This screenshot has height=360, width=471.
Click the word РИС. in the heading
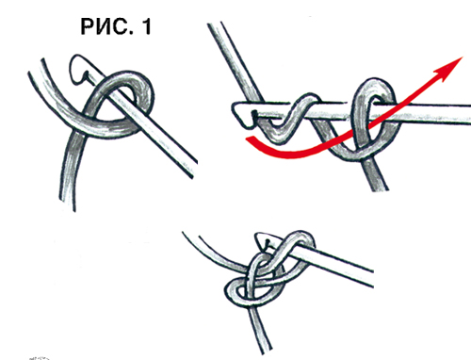(106, 26)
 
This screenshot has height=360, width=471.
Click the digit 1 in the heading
(147, 26)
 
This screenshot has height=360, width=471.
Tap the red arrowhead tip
(463, 57)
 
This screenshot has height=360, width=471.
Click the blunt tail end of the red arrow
(248, 139)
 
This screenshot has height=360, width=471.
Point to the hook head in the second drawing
(243, 114)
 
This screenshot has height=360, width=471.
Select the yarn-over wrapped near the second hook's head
(290, 120)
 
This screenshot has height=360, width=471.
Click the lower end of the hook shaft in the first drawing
(193, 170)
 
